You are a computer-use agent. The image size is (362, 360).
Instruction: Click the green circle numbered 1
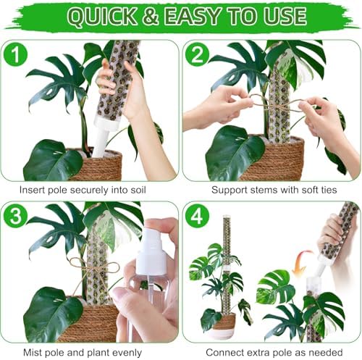coord(16,54)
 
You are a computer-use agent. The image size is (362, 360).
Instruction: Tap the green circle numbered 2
coord(197,54)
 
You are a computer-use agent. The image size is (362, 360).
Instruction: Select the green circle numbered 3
coord(16,216)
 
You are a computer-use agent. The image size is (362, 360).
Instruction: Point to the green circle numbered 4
coord(197,216)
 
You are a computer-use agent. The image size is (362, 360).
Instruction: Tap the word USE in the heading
coord(285,16)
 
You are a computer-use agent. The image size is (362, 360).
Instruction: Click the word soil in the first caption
coord(138,190)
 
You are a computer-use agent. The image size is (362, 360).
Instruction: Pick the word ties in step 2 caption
coord(328,190)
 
